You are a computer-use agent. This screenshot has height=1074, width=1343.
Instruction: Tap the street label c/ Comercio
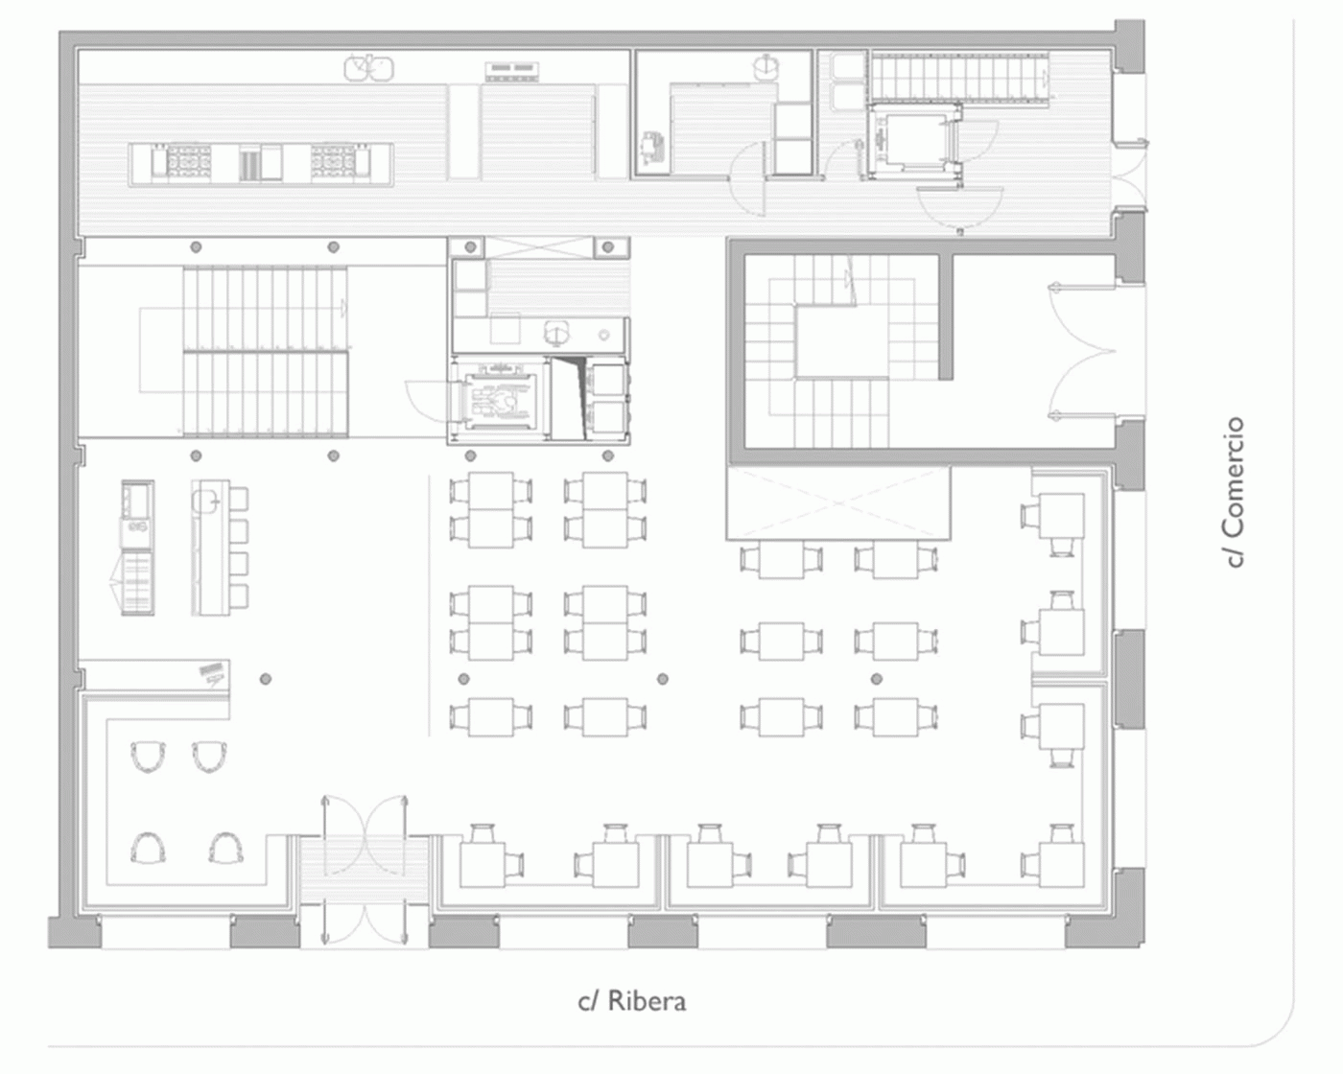click(1234, 493)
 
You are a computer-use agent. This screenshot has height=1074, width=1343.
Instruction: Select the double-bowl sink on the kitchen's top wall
click(368, 68)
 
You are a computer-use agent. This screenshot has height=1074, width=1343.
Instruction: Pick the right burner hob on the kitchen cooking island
click(333, 159)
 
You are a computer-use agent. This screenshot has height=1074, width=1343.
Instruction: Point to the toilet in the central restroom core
click(556, 333)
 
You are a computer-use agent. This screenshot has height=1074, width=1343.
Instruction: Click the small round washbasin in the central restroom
click(604, 336)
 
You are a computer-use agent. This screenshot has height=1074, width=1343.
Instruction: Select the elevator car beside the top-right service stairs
click(913, 138)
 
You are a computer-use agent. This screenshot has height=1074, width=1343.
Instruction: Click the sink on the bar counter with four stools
click(205, 498)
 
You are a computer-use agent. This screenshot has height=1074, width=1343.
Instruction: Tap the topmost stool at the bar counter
click(239, 499)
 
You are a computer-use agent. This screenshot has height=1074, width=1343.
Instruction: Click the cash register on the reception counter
click(212, 672)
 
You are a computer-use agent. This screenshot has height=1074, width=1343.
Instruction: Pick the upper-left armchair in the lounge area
click(148, 757)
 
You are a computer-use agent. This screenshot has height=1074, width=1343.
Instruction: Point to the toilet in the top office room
click(766, 67)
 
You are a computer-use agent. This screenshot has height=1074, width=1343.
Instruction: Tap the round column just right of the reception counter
click(265, 678)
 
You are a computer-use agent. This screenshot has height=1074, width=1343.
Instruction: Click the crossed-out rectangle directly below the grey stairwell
click(838, 502)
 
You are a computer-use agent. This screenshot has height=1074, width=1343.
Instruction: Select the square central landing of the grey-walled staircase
click(842, 341)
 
